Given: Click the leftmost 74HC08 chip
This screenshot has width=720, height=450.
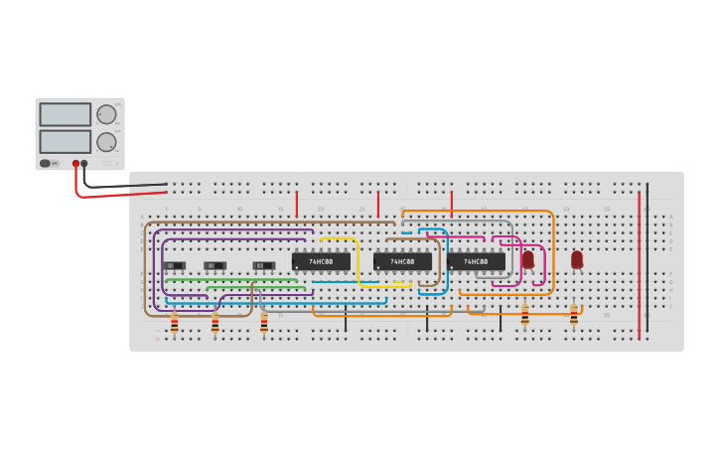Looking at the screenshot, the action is (x=321, y=261).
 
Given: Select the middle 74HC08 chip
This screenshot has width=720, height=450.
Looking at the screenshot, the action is (x=402, y=261).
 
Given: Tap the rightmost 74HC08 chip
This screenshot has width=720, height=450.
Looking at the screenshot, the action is (x=476, y=261).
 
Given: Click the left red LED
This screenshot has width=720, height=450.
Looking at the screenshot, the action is (x=528, y=259).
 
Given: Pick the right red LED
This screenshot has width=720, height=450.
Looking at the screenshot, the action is (x=577, y=259).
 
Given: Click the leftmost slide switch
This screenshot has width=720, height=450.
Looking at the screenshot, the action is (x=175, y=265).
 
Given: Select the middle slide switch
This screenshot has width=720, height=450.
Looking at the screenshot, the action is (x=215, y=265).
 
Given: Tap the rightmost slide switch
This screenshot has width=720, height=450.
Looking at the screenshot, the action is (x=264, y=265).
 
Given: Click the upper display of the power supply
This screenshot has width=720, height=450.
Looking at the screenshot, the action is (x=66, y=114).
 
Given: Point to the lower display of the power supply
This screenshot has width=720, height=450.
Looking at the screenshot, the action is (x=66, y=141).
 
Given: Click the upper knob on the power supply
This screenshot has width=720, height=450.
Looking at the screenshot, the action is (x=106, y=114).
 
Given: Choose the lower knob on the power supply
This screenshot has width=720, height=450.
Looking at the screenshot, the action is (x=106, y=141).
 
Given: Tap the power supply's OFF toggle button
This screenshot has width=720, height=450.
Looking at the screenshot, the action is (x=45, y=163).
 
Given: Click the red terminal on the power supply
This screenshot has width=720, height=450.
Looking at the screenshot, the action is (x=75, y=163).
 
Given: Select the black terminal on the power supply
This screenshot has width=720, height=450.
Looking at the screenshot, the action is (x=84, y=163).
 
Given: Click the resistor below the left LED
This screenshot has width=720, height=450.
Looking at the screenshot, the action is (x=524, y=316).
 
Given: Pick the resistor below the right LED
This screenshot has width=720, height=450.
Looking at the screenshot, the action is (x=574, y=316).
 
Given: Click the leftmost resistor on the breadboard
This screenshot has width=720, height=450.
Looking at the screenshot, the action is (x=175, y=324).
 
